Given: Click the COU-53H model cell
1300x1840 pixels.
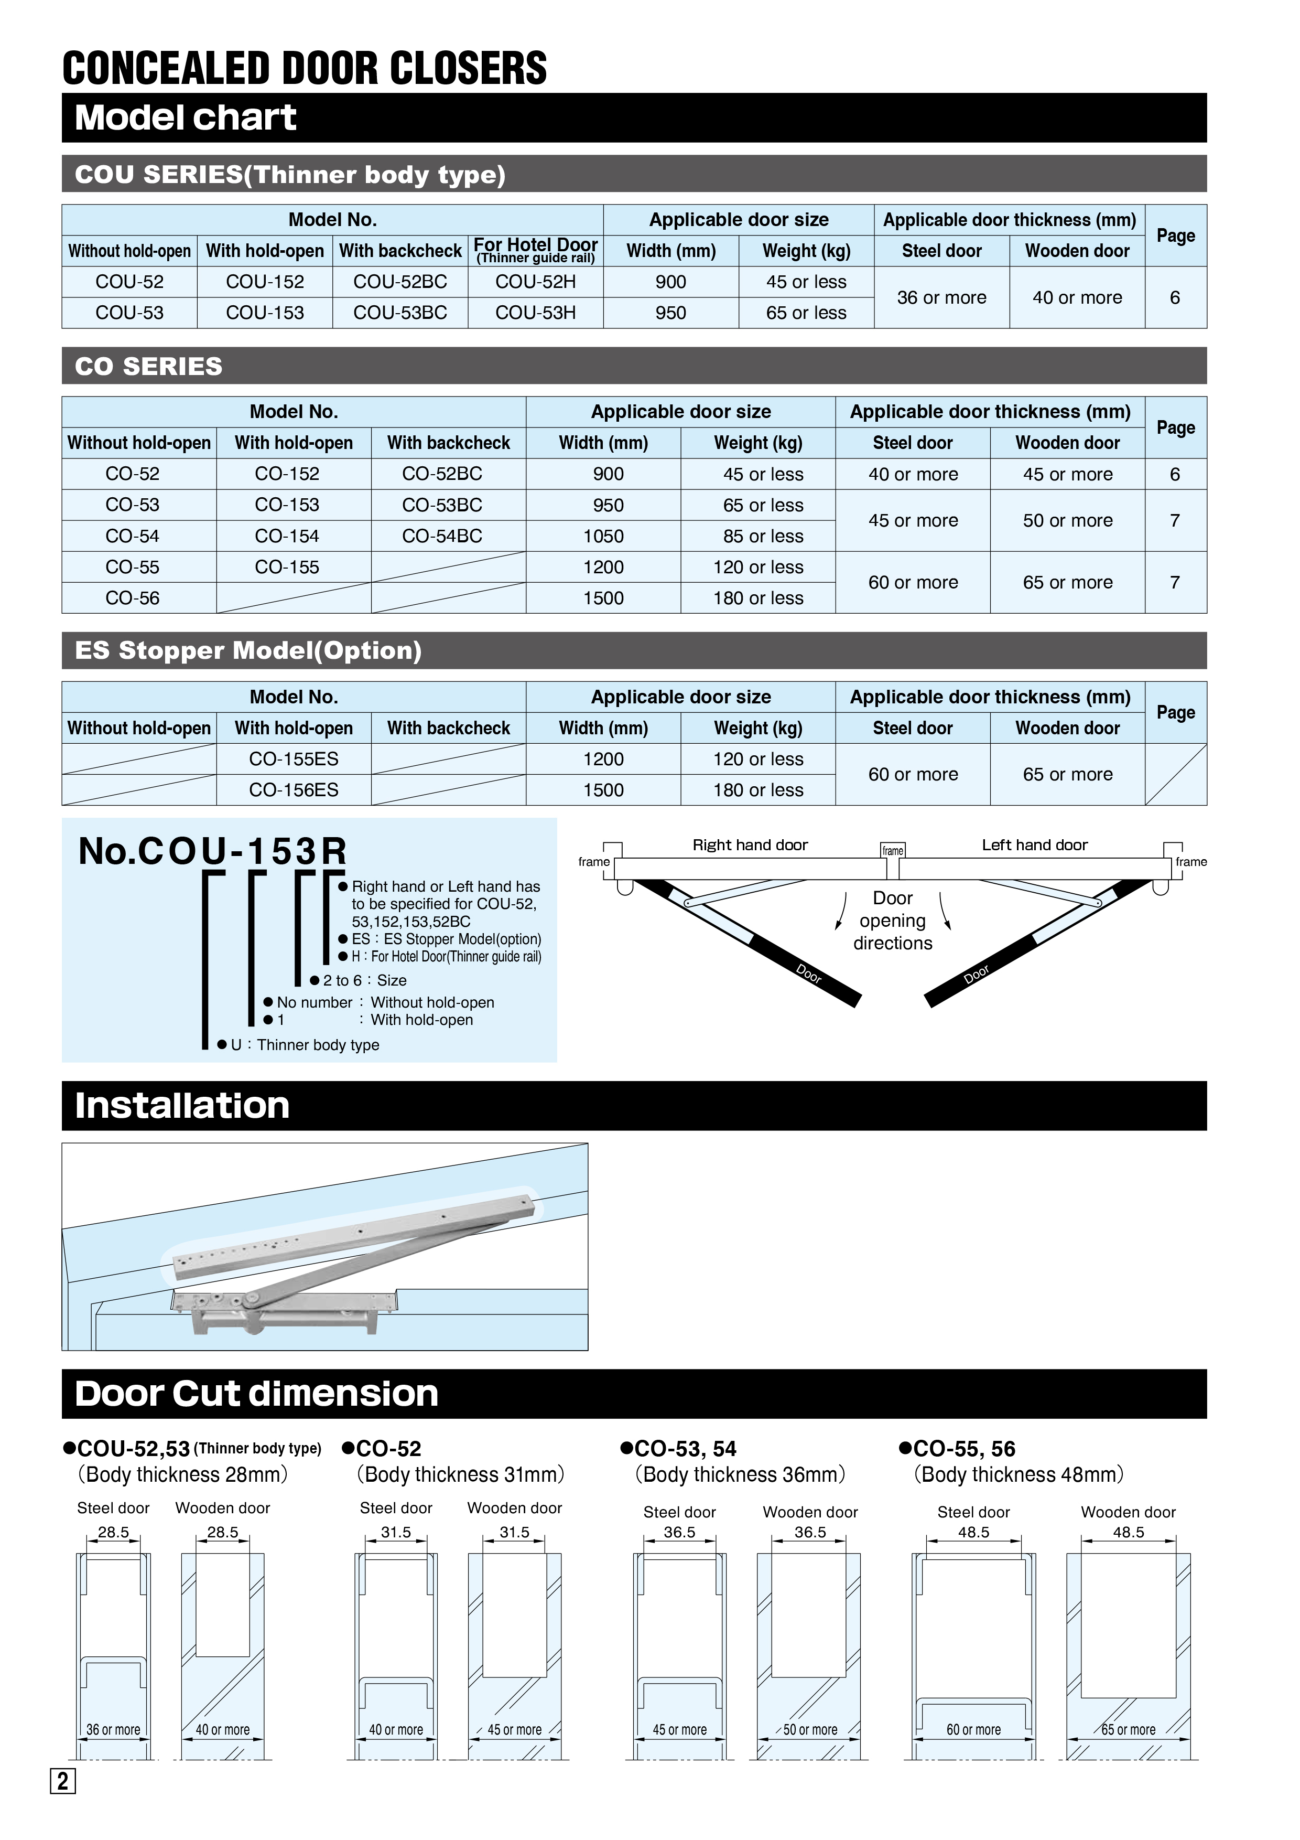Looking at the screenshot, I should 535,313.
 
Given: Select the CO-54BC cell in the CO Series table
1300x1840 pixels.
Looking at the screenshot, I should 442,536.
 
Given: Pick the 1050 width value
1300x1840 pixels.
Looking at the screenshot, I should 603,536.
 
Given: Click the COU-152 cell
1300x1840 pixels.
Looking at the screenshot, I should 265,282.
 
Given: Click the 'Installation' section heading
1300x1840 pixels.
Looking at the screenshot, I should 182,1106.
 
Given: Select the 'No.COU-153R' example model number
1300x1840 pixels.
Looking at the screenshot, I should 212,851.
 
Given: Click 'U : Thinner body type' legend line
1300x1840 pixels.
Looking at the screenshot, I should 305,1045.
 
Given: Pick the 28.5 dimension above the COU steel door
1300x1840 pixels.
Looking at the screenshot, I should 113,1532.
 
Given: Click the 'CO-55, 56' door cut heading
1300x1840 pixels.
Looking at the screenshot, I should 963,1449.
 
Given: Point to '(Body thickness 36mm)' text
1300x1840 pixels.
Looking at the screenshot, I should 740,1474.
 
